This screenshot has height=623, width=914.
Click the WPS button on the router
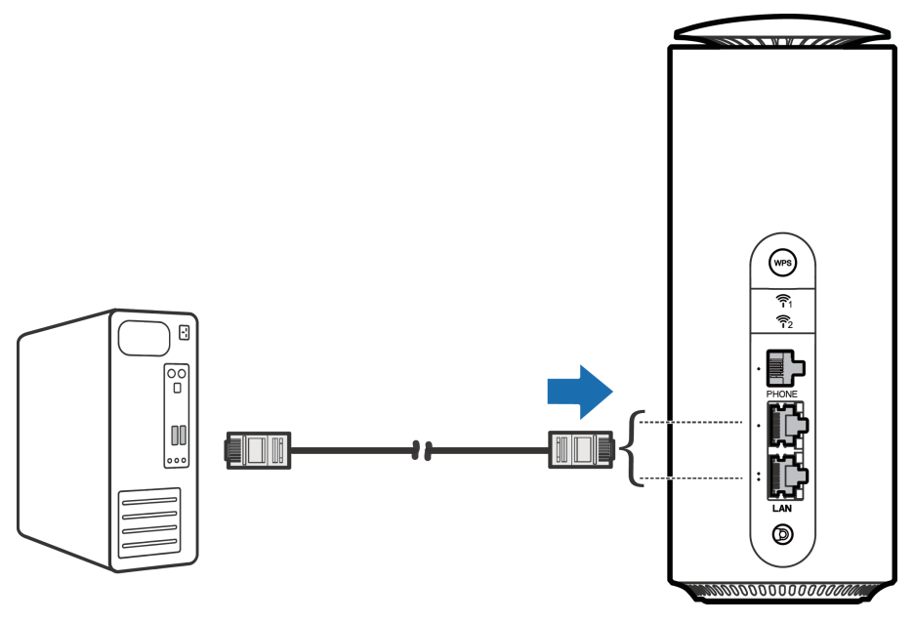coord(781,262)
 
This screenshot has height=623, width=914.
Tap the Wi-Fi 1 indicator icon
coord(781,301)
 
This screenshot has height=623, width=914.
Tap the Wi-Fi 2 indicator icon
coord(781,320)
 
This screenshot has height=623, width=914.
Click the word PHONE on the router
coord(781,394)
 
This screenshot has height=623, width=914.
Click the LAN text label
coord(781,509)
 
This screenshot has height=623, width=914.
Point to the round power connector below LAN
coord(781,534)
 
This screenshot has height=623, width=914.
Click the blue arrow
coord(579,390)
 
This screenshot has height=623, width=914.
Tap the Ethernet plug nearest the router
coord(580,450)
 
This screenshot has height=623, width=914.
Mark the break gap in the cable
coord(422,450)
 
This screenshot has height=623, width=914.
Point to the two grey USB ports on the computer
coord(176,436)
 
